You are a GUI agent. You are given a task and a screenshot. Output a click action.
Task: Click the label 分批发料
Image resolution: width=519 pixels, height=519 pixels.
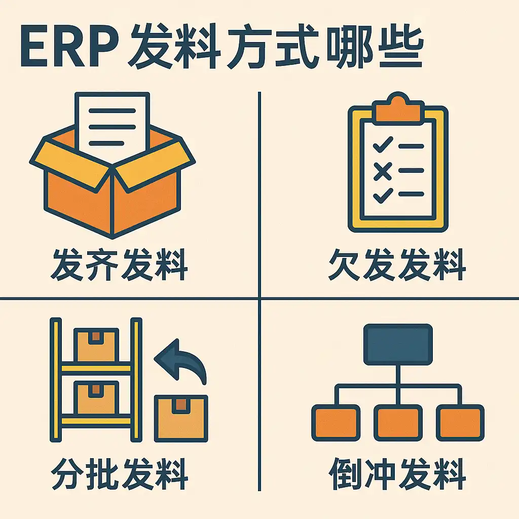pyautogui.click(x=120, y=474)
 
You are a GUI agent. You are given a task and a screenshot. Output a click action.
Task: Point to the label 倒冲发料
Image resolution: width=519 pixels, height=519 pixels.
pyautogui.click(x=397, y=474)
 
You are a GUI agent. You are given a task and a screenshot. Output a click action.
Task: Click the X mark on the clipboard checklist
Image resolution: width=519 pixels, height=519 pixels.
pyautogui.click(x=383, y=171)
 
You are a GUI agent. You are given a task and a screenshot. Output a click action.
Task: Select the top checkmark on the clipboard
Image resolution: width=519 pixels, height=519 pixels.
pyautogui.click(x=383, y=146)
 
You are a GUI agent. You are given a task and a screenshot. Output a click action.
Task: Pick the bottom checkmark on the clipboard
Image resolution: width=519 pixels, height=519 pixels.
pyautogui.click(x=383, y=194)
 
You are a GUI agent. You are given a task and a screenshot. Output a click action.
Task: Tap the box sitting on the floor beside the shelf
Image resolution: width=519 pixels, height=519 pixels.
pyautogui.click(x=181, y=417)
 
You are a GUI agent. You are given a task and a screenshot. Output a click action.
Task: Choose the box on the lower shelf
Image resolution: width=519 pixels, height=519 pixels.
pyautogui.click(x=96, y=398)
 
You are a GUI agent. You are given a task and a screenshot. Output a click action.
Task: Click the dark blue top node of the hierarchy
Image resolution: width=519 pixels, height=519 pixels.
pyautogui.click(x=398, y=343)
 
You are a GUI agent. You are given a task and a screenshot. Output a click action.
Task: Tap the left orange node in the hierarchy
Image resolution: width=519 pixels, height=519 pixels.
pyautogui.click(x=335, y=422)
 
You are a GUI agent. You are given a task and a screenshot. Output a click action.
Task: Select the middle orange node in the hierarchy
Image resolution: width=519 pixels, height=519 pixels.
pyautogui.click(x=398, y=422)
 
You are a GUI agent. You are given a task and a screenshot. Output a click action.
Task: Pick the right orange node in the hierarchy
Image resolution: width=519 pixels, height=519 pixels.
pyautogui.click(x=460, y=422)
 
